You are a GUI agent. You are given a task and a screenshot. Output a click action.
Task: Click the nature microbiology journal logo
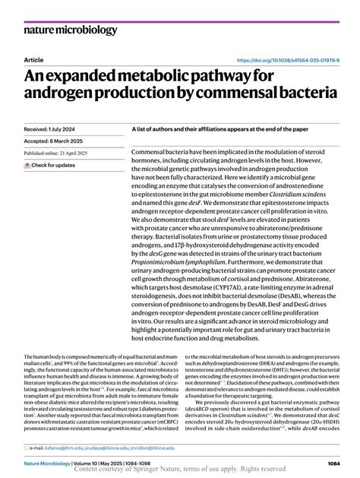pyautogui.click(x=71, y=30)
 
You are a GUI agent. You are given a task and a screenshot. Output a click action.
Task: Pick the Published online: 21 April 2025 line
pyautogui.click(x=56, y=153)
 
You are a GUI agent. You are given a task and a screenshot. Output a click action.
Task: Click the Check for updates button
pyautogui.click(x=52, y=165)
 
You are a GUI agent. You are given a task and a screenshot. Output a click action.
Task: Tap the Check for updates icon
pyautogui.click(x=27, y=165)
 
